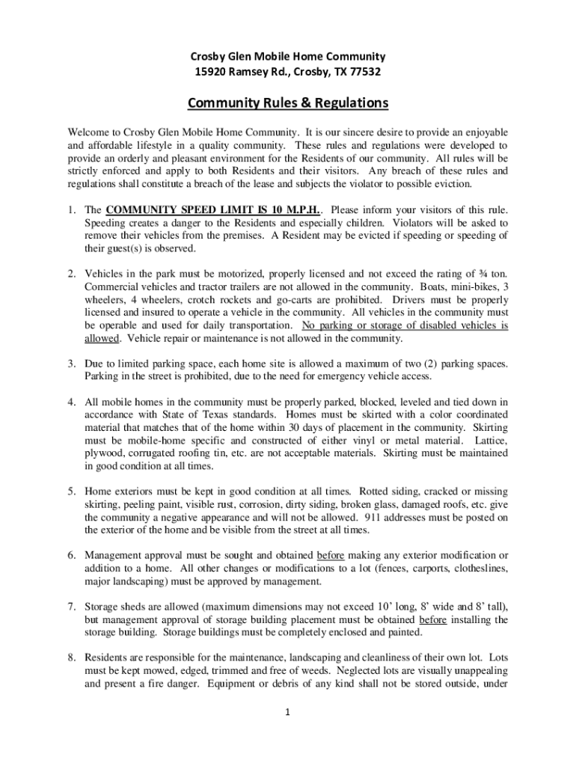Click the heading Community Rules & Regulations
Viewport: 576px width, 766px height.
[x=288, y=102]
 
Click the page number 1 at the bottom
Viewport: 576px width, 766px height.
[x=288, y=712]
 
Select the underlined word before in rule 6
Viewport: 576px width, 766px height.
[x=330, y=555]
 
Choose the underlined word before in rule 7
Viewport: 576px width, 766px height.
[x=433, y=619]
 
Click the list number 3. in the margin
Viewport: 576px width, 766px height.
[x=72, y=364]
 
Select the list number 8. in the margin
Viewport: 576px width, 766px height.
[x=72, y=658]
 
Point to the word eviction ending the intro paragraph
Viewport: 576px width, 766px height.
[x=465, y=184]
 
